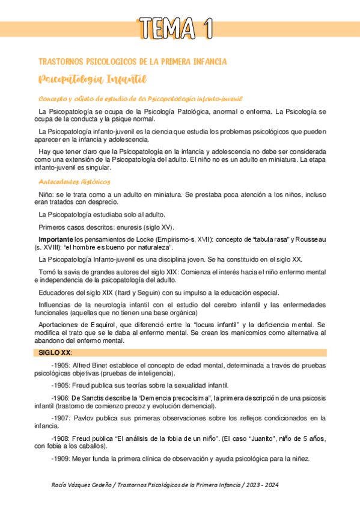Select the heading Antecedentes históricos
coord(74,181)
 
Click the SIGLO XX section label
coord(54,352)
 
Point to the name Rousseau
coord(311,239)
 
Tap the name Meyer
coord(84,459)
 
